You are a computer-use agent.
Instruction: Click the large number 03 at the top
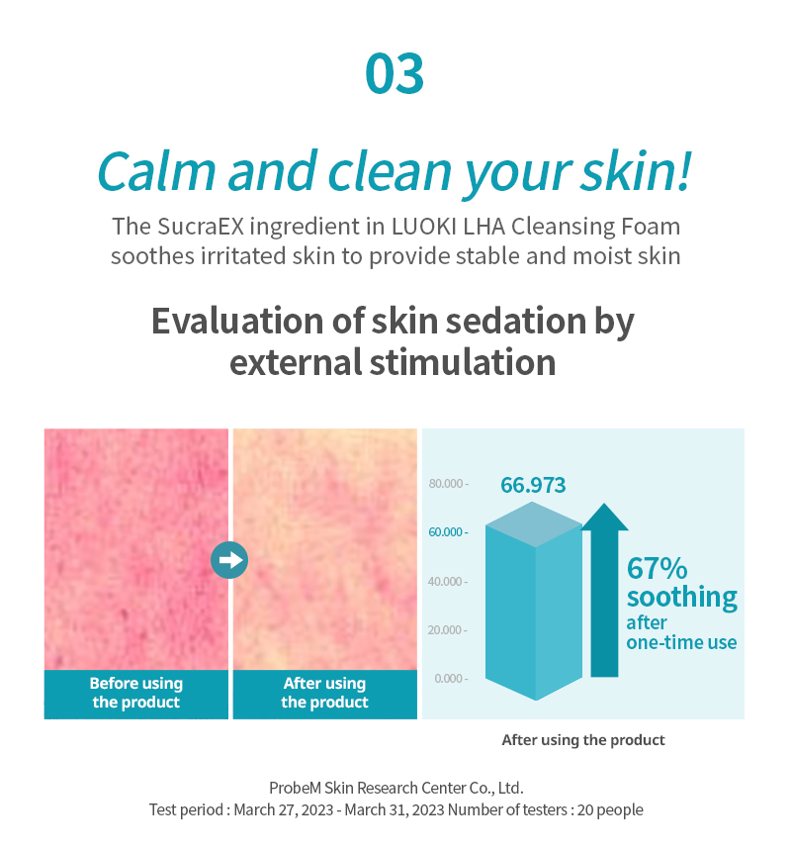point(395,74)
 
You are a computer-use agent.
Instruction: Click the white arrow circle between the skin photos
point(229,560)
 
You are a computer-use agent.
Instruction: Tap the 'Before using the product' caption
point(136,693)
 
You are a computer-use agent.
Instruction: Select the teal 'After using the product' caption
point(324,693)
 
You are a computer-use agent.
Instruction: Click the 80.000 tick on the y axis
point(448,484)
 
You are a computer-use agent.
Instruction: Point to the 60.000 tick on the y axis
point(448,532)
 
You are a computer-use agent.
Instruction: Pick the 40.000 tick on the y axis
point(448,582)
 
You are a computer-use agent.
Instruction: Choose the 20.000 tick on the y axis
point(447,630)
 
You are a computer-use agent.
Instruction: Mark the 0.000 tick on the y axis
point(451,679)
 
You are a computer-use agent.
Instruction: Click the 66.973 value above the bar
point(533,485)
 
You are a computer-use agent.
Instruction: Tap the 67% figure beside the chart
point(658,569)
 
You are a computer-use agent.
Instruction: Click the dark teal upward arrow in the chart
point(605,591)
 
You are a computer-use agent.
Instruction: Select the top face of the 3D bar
point(534,524)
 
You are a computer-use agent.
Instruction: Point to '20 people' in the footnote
point(610,809)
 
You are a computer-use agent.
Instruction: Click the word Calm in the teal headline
point(156,171)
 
